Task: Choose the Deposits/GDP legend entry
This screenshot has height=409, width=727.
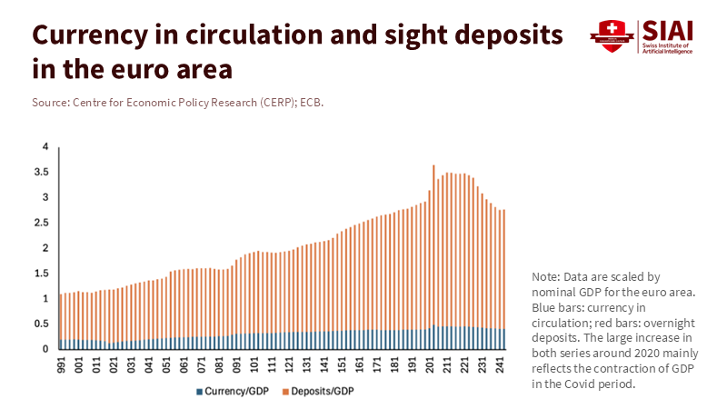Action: pos(316,392)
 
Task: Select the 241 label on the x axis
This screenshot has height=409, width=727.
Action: pos(499,364)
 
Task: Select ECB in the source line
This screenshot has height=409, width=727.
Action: pos(312,103)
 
